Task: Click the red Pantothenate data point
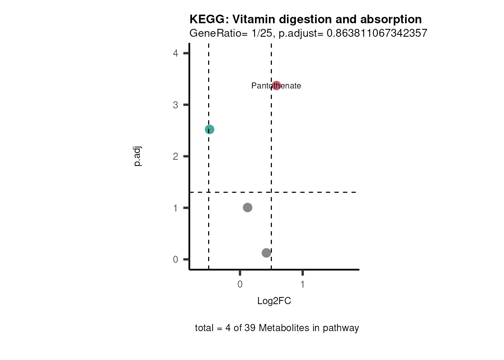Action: pyautogui.click(x=276, y=85)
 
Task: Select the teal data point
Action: pyautogui.click(x=210, y=129)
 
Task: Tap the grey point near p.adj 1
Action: pyautogui.click(x=247, y=207)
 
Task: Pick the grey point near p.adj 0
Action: pyautogui.click(x=266, y=253)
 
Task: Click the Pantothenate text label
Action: pyautogui.click(x=262, y=86)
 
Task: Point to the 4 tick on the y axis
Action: pyautogui.click(x=175, y=53)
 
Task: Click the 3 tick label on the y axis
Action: pyautogui.click(x=175, y=105)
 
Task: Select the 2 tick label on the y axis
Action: pyautogui.click(x=175, y=156)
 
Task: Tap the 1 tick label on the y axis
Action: pyautogui.click(x=175, y=208)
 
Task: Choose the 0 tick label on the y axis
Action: pyautogui.click(x=175, y=259)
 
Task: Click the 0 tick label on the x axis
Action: pyautogui.click(x=240, y=284)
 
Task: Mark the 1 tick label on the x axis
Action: pyautogui.click(x=303, y=284)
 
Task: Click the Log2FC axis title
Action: pyautogui.click(x=274, y=301)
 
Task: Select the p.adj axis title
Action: pyautogui.click(x=138, y=156)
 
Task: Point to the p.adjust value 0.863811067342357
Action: pyautogui.click(x=377, y=33)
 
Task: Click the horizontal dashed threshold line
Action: pyautogui.click(x=319, y=192)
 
